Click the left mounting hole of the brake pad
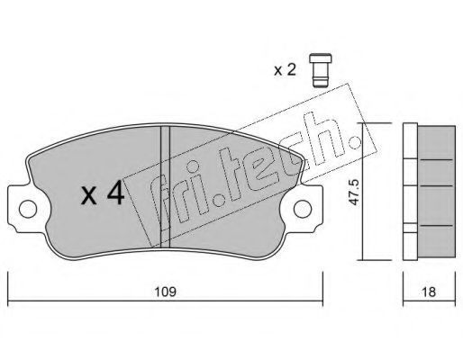click(x=28, y=209)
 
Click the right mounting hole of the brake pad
click(x=303, y=209)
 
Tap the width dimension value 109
click(x=165, y=292)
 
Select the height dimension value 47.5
click(x=354, y=192)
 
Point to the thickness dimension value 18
click(x=429, y=292)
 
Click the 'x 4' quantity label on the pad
click(x=103, y=193)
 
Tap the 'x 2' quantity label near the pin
click(x=285, y=70)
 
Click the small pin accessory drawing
click(x=321, y=70)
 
